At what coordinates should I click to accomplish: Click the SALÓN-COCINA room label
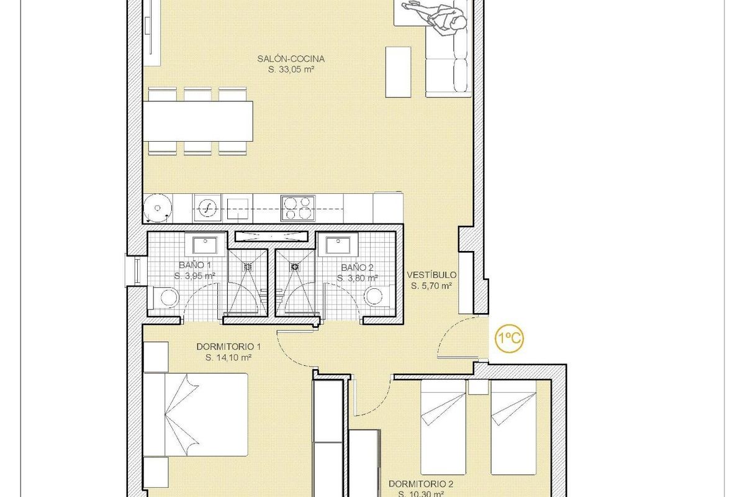pyautogui.click(x=291, y=59)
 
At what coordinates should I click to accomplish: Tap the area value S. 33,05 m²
pyautogui.click(x=291, y=70)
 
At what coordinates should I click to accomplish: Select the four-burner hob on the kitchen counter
pyautogui.click(x=297, y=207)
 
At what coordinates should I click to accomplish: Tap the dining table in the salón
pyautogui.click(x=200, y=121)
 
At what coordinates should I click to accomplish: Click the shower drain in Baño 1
pyautogui.click(x=248, y=266)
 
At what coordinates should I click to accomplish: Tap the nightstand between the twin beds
pyautogui.click(x=478, y=387)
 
